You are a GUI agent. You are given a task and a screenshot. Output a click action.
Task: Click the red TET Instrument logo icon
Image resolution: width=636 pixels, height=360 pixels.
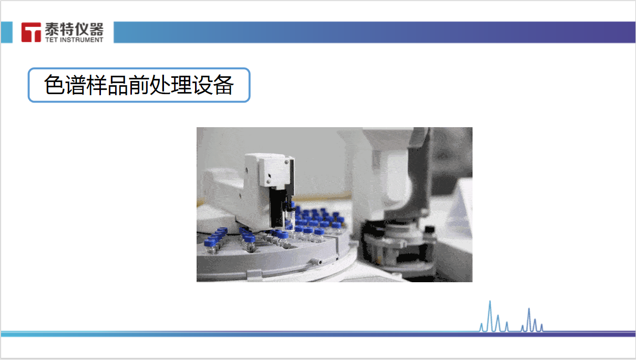[x=31, y=32]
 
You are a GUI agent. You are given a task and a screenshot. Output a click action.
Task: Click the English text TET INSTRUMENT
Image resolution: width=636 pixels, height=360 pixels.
[x=74, y=40]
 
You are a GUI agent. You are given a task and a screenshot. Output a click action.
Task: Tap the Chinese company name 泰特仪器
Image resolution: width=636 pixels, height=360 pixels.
[x=74, y=29]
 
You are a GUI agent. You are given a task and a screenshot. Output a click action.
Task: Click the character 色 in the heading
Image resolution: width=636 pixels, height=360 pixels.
[x=54, y=85]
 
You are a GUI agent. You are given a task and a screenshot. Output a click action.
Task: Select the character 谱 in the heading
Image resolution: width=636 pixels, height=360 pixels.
[x=75, y=85]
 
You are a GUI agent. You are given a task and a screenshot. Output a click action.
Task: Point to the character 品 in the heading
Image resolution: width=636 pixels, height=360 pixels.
[x=118, y=85]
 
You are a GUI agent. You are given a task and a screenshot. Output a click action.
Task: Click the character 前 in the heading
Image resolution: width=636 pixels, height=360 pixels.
[x=139, y=85]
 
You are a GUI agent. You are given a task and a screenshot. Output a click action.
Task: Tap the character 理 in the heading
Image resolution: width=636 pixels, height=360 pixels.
[x=181, y=85]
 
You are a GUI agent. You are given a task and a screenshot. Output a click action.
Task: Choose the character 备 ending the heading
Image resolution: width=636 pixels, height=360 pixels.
[x=224, y=85]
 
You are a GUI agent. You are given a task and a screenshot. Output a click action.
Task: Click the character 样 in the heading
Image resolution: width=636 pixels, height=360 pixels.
[x=97, y=85]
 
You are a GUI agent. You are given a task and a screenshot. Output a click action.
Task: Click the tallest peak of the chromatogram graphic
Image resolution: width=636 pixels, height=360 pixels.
[x=490, y=302]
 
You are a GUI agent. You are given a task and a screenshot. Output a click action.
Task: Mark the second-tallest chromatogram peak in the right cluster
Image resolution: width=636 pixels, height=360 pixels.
[x=535, y=320]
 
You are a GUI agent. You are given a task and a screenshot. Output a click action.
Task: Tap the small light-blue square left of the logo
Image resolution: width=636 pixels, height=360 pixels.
[x=6, y=32]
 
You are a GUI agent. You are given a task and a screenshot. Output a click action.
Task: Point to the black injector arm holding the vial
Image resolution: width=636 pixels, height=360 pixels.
[x=278, y=207]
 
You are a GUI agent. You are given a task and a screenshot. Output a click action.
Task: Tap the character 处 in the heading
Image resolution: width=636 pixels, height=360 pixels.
[x=160, y=85]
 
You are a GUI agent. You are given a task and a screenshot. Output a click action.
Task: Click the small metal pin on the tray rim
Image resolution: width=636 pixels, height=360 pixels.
[x=317, y=261]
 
